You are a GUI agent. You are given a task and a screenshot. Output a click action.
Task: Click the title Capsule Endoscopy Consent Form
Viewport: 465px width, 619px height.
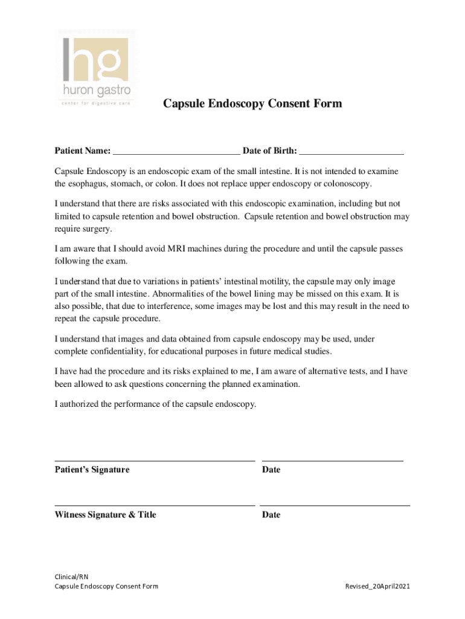pos(252,104)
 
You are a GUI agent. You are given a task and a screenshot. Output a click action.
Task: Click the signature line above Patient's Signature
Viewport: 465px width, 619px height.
pos(155,461)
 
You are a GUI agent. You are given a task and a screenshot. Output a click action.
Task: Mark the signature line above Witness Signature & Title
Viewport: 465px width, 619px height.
pos(155,505)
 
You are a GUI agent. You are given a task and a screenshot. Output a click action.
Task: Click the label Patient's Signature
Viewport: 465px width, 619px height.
pos(92,470)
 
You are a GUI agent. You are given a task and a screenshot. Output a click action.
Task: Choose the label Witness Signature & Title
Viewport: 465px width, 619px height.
pos(105,515)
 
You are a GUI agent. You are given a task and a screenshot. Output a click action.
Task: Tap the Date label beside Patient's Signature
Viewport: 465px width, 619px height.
pos(271,470)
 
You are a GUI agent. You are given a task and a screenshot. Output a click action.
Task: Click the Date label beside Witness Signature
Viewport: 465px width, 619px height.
pos(271,515)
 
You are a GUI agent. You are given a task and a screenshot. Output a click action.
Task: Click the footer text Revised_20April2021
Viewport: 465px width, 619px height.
pos(377,586)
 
